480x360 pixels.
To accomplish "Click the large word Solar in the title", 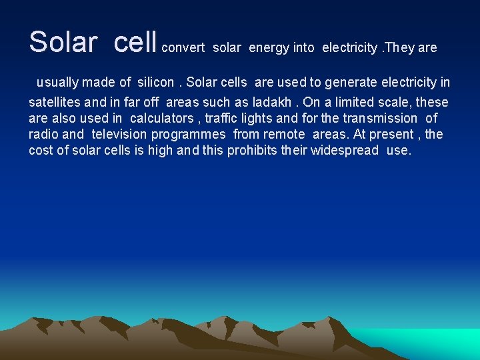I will point(63,42).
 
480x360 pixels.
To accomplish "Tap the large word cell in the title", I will point(135,42).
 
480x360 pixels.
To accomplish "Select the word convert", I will point(183,48).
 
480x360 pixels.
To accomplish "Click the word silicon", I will point(156,83).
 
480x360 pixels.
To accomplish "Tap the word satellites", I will point(54,102).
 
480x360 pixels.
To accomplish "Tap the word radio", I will point(43,134).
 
